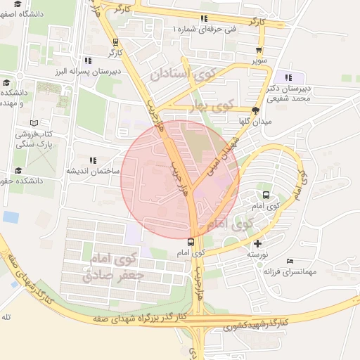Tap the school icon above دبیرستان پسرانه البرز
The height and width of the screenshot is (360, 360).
point(88,61)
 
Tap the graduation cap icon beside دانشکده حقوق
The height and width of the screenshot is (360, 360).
point(18,171)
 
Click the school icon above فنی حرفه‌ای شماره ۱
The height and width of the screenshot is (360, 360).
point(204,19)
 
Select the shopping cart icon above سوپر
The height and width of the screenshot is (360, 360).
point(260,50)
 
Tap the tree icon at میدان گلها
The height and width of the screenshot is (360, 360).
point(255,110)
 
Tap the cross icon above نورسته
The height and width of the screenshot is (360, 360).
point(257,243)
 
